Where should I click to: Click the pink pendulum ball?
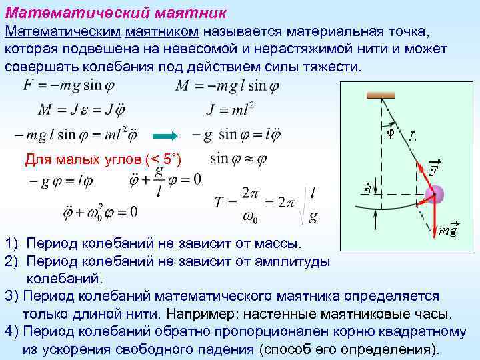(x=434, y=195)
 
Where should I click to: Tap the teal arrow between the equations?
(x=165, y=135)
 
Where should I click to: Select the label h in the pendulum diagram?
(x=367, y=189)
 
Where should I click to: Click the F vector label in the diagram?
(x=433, y=169)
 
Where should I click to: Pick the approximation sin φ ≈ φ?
(x=238, y=159)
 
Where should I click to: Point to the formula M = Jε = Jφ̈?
(x=83, y=109)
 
